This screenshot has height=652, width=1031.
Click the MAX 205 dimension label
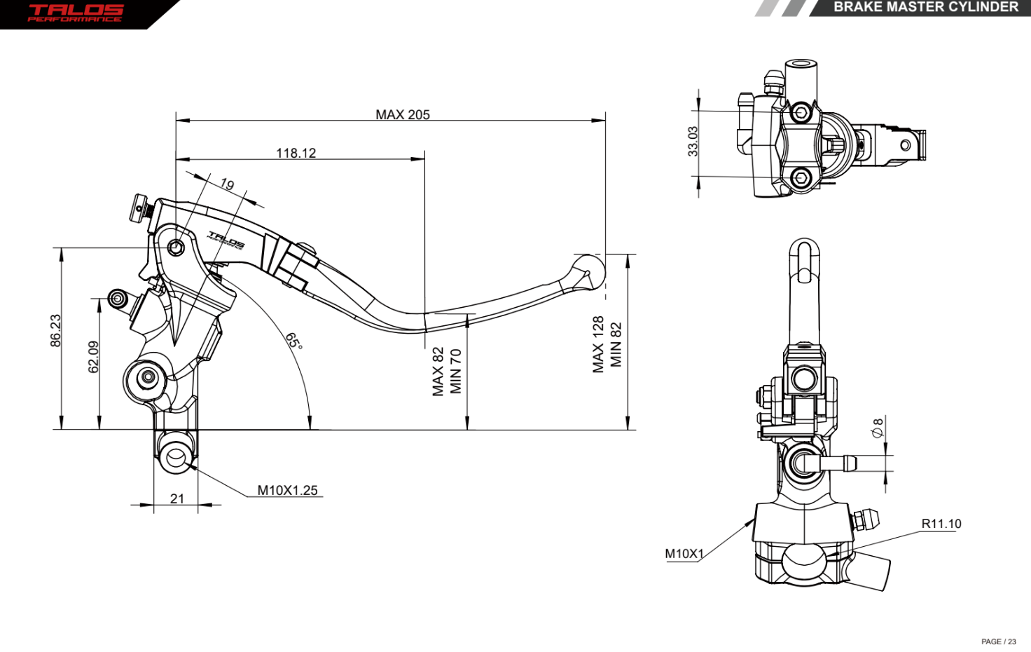pyautogui.click(x=403, y=114)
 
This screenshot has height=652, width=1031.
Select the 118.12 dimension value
pyautogui.click(x=296, y=153)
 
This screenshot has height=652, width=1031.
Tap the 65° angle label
pyautogui.click(x=294, y=341)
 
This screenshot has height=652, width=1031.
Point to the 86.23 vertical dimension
pyautogui.click(x=55, y=330)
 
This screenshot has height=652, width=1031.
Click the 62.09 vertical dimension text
pyautogui.click(x=93, y=357)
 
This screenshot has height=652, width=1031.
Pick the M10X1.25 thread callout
pyautogui.click(x=287, y=490)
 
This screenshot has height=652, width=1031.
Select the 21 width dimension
pyautogui.click(x=177, y=498)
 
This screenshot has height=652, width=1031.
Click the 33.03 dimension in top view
pyautogui.click(x=693, y=141)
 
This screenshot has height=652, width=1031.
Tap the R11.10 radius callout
pyautogui.click(x=941, y=524)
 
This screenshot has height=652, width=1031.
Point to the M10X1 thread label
pyautogui.click(x=684, y=554)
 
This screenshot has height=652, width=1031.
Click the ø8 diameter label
pyautogui.click(x=878, y=427)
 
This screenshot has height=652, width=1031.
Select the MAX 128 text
pyautogui.click(x=598, y=344)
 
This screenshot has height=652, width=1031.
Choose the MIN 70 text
pyautogui.click(x=456, y=371)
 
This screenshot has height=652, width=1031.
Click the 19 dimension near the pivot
pyautogui.click(x=227, y=184)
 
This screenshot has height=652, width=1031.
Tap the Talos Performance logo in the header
pyautogui.click(x=76, y=13)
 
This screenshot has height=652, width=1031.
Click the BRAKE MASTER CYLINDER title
pyautogui.click(x=925, y=7)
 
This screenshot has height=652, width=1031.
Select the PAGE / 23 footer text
pyautogui.click(x=998, y=641)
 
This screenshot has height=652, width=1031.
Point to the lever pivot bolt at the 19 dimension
pyautogui.click(x=176, y=247)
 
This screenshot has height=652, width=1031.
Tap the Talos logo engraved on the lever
pyautogui.click(x=226, y=240)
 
